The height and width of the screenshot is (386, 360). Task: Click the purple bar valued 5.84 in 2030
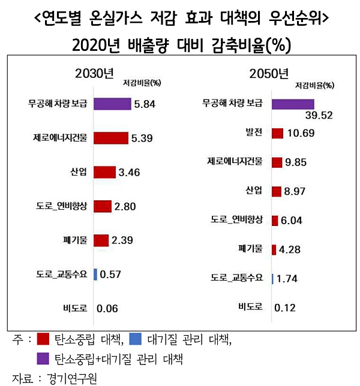click(112, 104)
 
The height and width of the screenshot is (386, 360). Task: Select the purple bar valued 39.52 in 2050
click(293, 104)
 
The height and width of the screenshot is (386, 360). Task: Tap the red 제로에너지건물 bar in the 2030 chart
click(110, 138)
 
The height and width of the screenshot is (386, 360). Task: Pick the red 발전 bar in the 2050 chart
click(277, 132)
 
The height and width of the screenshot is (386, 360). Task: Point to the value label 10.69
click(301, 132)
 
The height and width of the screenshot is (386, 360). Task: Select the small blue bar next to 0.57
click(95, 275)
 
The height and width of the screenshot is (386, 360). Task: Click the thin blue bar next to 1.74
click(273, 279)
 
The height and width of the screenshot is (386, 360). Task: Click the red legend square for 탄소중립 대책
click(43, 340)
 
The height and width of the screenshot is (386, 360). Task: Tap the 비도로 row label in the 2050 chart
click(251, 307)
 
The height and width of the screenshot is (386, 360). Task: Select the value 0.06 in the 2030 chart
click(105, 309)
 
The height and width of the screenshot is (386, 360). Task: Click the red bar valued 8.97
click(277, 191)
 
